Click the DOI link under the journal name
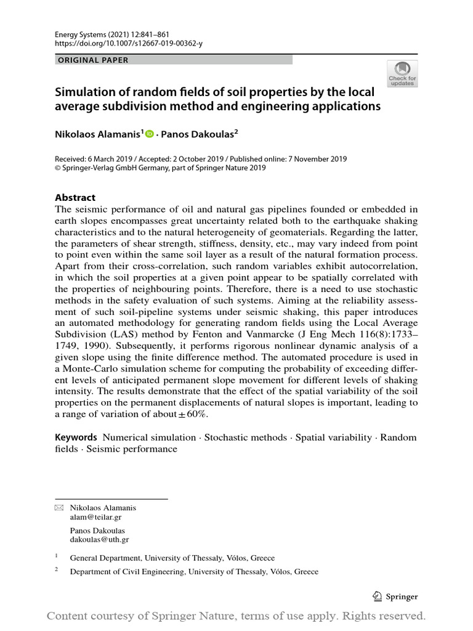129,44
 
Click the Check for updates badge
402,74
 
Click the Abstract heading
75,198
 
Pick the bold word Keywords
76,438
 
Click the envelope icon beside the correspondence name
59,508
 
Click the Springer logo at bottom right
395,596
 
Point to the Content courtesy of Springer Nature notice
236,616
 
